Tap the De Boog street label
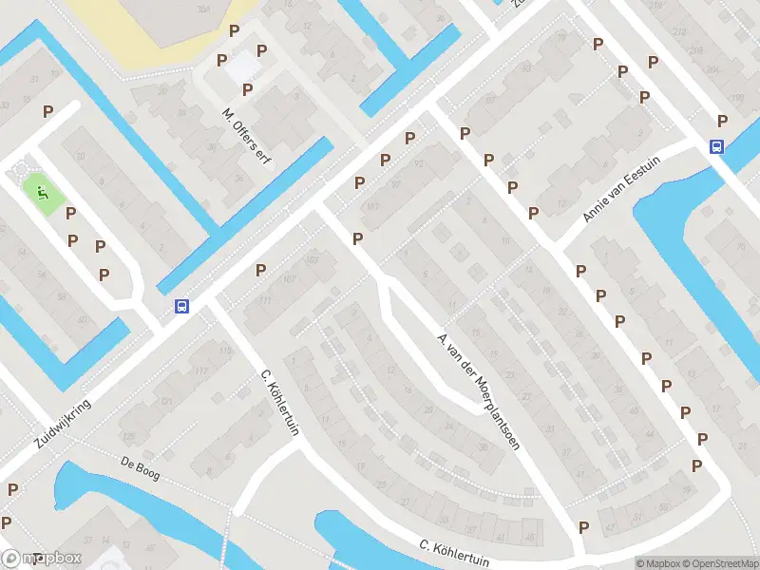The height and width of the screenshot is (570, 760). pos(140,469)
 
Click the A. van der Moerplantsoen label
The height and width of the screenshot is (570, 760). pos(478,390)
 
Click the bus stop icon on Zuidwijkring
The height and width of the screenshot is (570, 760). pos(181,307)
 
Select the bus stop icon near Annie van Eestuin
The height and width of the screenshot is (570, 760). pos(716,146)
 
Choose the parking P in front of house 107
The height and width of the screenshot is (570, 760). pos(260,271)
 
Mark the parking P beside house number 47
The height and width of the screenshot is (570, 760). pos(583,527)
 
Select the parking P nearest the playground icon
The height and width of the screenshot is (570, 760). pos(70,214)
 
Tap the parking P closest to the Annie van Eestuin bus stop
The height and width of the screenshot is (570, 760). pos(723,121)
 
